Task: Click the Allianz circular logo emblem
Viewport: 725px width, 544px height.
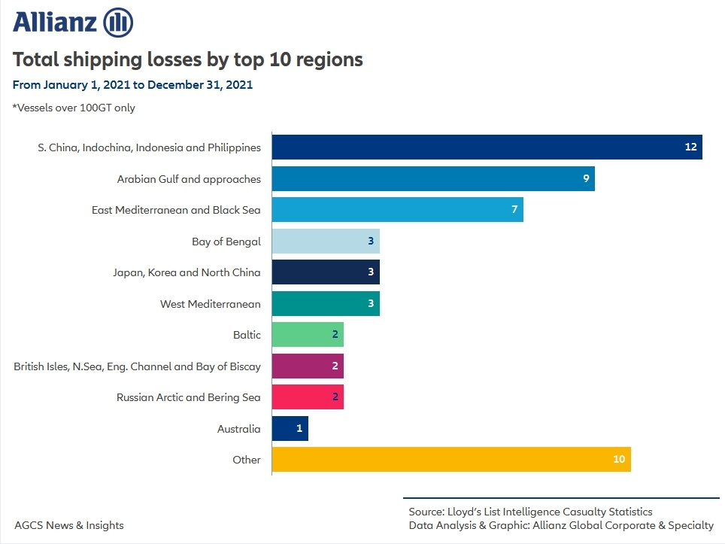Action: [117, 23]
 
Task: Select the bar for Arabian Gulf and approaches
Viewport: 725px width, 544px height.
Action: [432, 178]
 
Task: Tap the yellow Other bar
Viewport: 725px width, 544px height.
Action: [450, 459]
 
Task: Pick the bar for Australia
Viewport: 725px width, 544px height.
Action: [290, 428]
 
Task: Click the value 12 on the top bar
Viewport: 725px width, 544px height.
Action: [691, 147]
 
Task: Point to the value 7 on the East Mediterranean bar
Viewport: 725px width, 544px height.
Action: [514, 209]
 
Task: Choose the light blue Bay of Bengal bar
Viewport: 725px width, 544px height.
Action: [325, 241]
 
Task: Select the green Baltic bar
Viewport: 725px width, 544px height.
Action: [307, 334]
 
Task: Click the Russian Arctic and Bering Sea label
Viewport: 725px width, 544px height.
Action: [188, 397]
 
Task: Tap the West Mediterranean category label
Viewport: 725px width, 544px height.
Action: [210, 304]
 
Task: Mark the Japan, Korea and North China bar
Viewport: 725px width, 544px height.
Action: [325, 272]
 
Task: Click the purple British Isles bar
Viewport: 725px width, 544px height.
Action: [307, 366]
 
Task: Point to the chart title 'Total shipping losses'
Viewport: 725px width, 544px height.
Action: [188, 59]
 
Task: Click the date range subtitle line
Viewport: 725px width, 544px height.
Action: [132, 84]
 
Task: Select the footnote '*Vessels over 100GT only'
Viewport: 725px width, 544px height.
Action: [74, 108]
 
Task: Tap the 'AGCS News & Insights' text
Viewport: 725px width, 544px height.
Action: [69, 525]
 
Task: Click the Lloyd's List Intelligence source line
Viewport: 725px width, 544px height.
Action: [530, 512]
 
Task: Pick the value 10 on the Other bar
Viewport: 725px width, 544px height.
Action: [619, 459]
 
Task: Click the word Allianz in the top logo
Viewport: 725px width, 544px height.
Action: [55, 23]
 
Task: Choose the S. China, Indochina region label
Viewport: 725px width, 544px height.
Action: [149, 147]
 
